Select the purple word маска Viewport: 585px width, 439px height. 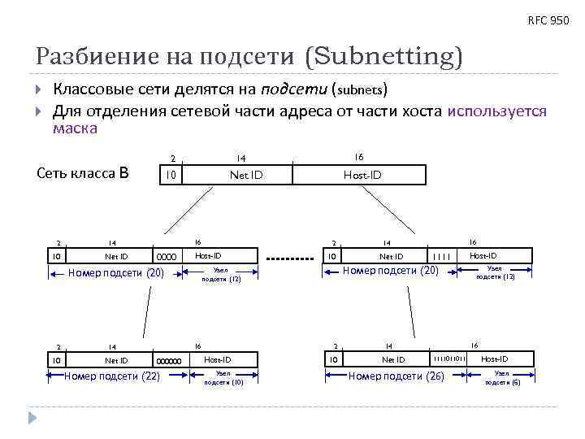pos(75,128)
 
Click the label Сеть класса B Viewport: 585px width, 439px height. pos(84,172)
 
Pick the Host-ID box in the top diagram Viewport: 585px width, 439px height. pos(362,175)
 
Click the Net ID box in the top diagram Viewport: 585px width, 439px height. pos(246,175)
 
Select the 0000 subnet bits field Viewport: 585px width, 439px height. pos(166,258)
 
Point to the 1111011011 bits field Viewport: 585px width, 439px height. pos(448,359)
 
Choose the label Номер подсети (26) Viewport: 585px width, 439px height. pos(396,376)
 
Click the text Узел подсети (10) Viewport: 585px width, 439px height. pos(222,378)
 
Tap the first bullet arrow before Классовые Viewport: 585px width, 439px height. pos(40,88)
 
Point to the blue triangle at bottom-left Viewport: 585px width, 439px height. pos(33,418)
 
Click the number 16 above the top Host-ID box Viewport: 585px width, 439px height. pos(358,156)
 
